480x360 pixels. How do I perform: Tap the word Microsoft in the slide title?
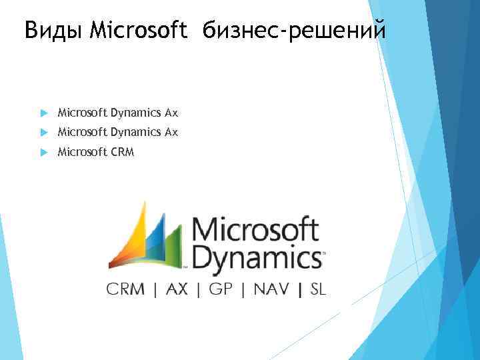coord(137,30)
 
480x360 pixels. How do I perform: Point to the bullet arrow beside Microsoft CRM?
coord(44,152)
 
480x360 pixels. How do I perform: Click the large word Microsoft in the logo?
coord(256,230)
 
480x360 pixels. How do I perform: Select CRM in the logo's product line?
coord(126,289)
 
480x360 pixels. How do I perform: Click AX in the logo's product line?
coord(177,289)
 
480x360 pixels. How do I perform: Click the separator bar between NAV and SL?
coord(301,289)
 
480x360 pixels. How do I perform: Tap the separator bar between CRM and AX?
coord(155,289)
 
